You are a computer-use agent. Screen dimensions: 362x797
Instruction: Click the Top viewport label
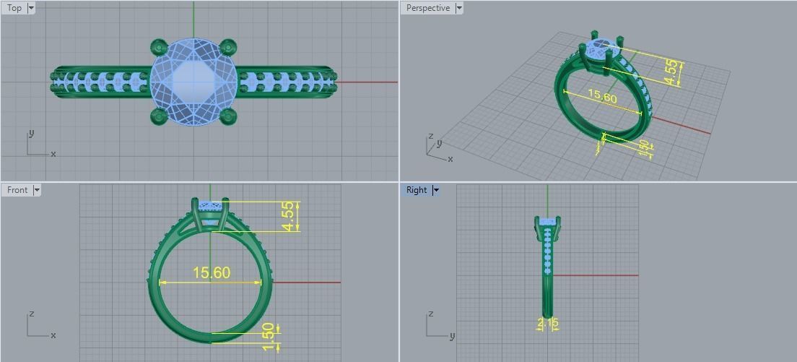tap(14, 8)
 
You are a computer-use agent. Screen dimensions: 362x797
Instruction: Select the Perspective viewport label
tap(427, 8)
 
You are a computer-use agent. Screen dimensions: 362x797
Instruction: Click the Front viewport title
tap(17, 190)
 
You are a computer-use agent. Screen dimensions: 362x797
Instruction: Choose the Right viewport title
tap(416, 190)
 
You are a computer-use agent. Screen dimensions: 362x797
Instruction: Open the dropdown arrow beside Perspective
tap(459, 8)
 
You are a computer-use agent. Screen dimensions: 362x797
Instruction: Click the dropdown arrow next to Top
tap(31, 8)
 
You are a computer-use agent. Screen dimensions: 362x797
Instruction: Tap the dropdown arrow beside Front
tap(37, 190)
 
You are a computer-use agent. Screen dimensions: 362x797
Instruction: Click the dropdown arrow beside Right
tap(436, 190)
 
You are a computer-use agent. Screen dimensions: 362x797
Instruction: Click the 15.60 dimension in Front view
tap(211, 272)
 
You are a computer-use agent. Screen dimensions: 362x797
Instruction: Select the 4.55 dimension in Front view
tap(289, 216)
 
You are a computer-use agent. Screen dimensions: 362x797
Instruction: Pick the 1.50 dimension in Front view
tap(269, 337)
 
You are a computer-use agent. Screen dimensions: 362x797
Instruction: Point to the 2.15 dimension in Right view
tap(548, 324)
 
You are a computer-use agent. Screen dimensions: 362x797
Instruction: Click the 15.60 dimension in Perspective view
tap(602, 95)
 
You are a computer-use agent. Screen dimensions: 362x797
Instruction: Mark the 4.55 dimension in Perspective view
tap(671, 72)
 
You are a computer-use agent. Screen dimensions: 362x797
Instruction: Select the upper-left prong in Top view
tap(159, 48)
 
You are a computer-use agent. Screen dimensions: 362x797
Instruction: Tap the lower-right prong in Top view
tap(227, 116)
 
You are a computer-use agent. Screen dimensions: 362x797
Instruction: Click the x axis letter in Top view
tap(53, 154)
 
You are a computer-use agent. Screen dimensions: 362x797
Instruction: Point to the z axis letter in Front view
tap(30, 314)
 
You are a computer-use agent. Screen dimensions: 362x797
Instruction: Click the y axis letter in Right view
tap(452, 336)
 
